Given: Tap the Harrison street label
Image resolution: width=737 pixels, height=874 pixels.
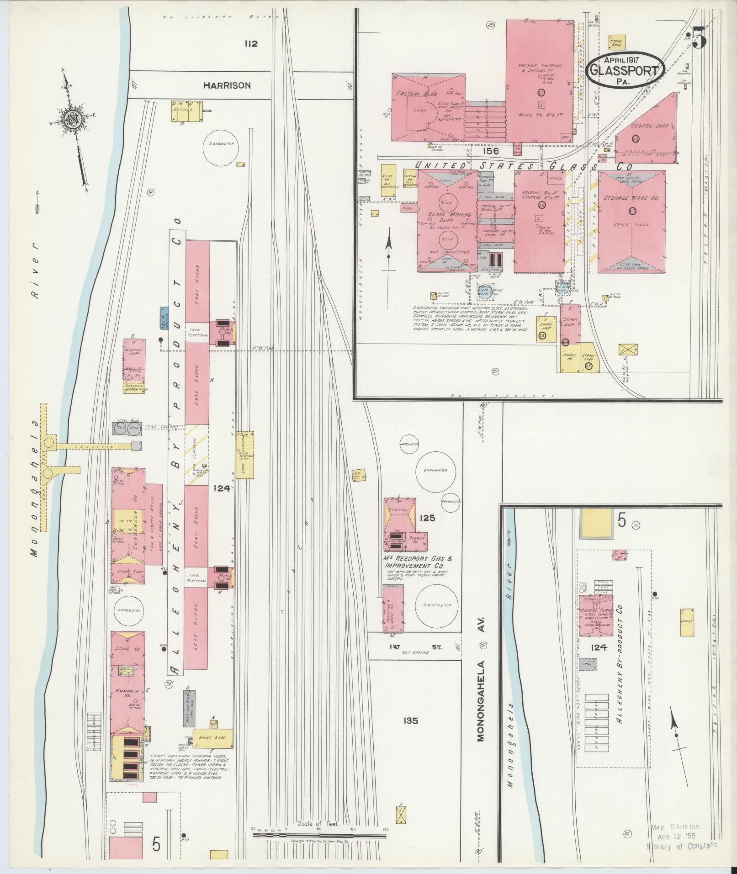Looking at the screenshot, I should coord(227,85).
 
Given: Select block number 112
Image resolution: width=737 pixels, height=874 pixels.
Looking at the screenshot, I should coord(251,44).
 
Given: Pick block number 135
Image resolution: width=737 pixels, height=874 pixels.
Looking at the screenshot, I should coord(411,721).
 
